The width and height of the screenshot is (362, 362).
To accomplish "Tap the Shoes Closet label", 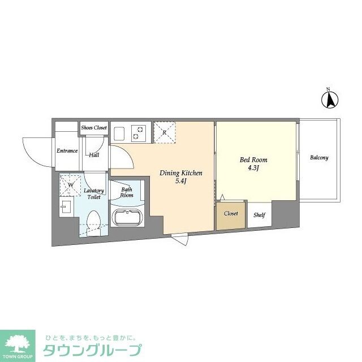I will pos(93,128).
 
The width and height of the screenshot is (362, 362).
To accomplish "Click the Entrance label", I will pos(67,151).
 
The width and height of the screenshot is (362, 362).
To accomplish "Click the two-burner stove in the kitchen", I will pos(139,133).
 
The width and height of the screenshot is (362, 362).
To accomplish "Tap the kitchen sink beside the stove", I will pos(120,133).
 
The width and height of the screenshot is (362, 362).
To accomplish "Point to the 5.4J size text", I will pos(180,181).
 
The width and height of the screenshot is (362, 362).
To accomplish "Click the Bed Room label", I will pos(253,160).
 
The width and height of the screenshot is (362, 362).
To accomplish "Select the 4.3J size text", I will pos(253,168).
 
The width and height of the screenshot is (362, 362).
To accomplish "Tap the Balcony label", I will pos(318,158).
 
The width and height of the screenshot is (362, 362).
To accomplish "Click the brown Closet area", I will pos(231,214).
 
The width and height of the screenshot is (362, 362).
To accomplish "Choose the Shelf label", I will pos(260,215).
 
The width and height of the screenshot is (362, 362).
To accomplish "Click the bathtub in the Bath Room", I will pos(127,217).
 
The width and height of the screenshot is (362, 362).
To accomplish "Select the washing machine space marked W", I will pos(71,184).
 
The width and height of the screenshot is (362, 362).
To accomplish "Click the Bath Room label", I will pos(127,192).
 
